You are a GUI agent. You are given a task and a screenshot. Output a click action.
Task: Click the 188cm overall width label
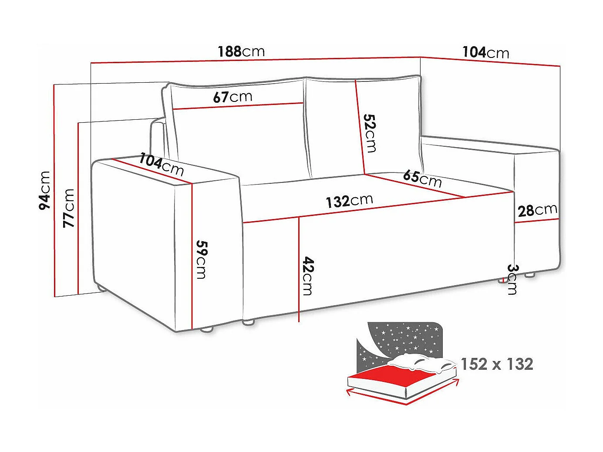coord(241,51)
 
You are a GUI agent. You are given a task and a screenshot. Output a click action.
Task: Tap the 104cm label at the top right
coord(485,53)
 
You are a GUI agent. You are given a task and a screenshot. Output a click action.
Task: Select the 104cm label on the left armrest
coord(161,164)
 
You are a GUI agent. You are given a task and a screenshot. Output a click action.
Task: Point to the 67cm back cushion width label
coord(232,97)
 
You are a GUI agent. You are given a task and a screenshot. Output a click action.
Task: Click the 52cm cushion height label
coord(370,133)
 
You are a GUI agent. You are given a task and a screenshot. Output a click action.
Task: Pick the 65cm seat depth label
coord(422,178)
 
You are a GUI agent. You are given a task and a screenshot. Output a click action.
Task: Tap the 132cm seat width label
coord(349,201)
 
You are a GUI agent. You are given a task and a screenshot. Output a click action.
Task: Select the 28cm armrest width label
coord(537,210)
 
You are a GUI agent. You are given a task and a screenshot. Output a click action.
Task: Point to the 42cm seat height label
coord(308,276)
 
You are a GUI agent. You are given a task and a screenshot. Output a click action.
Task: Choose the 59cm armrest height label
coord(201,259)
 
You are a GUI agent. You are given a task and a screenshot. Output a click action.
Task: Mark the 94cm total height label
coord(45,190)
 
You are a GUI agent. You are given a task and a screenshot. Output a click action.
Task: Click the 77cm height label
coord(69,208)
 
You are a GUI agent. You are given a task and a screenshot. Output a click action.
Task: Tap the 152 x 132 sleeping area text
coord(497,364)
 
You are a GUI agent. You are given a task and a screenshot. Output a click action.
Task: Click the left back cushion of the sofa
coord(239,139)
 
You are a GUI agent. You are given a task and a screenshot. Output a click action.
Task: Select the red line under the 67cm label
coord(238,106)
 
